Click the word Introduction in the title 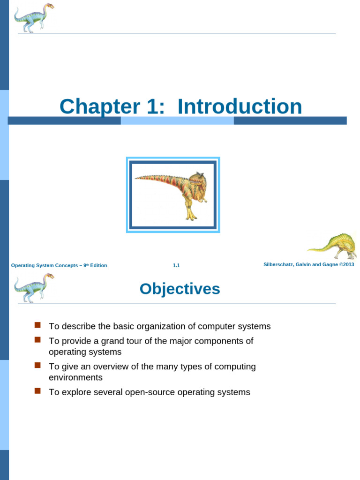click(240, 106)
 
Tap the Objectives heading click(180, 289)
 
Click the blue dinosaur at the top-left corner click(34, 18)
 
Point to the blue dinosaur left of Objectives click(34, 287)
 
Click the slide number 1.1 click(176, 265)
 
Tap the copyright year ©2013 click(347, 265)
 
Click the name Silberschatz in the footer click(279, 265)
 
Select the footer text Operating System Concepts click(44, 265)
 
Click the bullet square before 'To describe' click(38, 325)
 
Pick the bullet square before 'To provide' click(38, 339)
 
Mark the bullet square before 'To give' click(38, 365)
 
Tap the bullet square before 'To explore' click(38, 390)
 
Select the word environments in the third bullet click(75, 378)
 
